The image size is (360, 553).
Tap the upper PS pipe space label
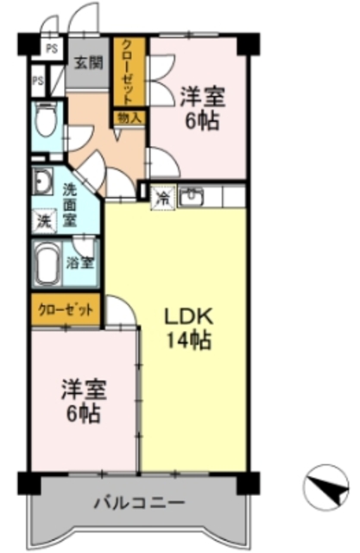pyautogui.click(x=54, y=49)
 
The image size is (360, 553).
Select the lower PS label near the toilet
pyautogui.click(x=38, y=82)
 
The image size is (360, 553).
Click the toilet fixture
pyautogui.click(x=45, y=122)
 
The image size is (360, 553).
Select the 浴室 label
pyautogui.click(x=81, y=262)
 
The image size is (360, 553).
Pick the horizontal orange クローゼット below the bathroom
pyautogui.click(x=66, y=308)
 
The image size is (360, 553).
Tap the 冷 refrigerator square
pyautogui.click(x=163, y=197)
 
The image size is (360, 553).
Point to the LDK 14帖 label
pyautogui.click(x=189, y=327)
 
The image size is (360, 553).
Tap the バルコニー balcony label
pyautogui.click(x=139, y=502)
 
